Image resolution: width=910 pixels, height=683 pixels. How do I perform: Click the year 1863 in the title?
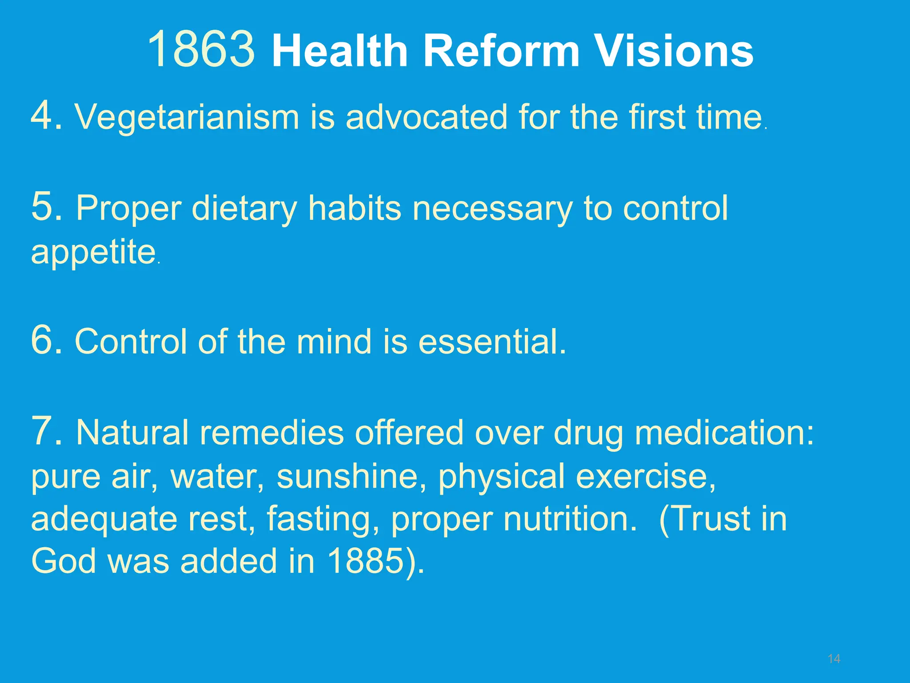[201, 50]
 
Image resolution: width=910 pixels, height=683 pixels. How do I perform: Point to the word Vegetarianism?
[187, 118]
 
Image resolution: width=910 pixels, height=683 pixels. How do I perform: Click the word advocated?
[426, 117]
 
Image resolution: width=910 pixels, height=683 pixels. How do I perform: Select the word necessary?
[492, 209]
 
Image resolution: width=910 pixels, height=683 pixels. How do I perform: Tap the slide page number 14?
[834, 659]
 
